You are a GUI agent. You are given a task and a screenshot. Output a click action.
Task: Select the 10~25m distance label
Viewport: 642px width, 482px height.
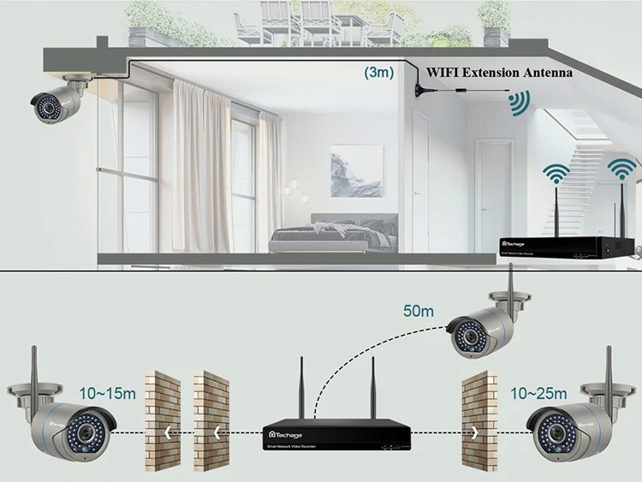538,393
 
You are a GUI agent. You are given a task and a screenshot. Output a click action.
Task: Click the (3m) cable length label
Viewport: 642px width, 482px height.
379,74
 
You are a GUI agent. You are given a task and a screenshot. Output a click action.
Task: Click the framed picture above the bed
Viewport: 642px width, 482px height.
356,170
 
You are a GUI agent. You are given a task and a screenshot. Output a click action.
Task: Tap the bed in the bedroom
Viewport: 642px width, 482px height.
333,235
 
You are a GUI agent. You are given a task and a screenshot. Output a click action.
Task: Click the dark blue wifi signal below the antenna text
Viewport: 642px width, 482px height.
517,104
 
